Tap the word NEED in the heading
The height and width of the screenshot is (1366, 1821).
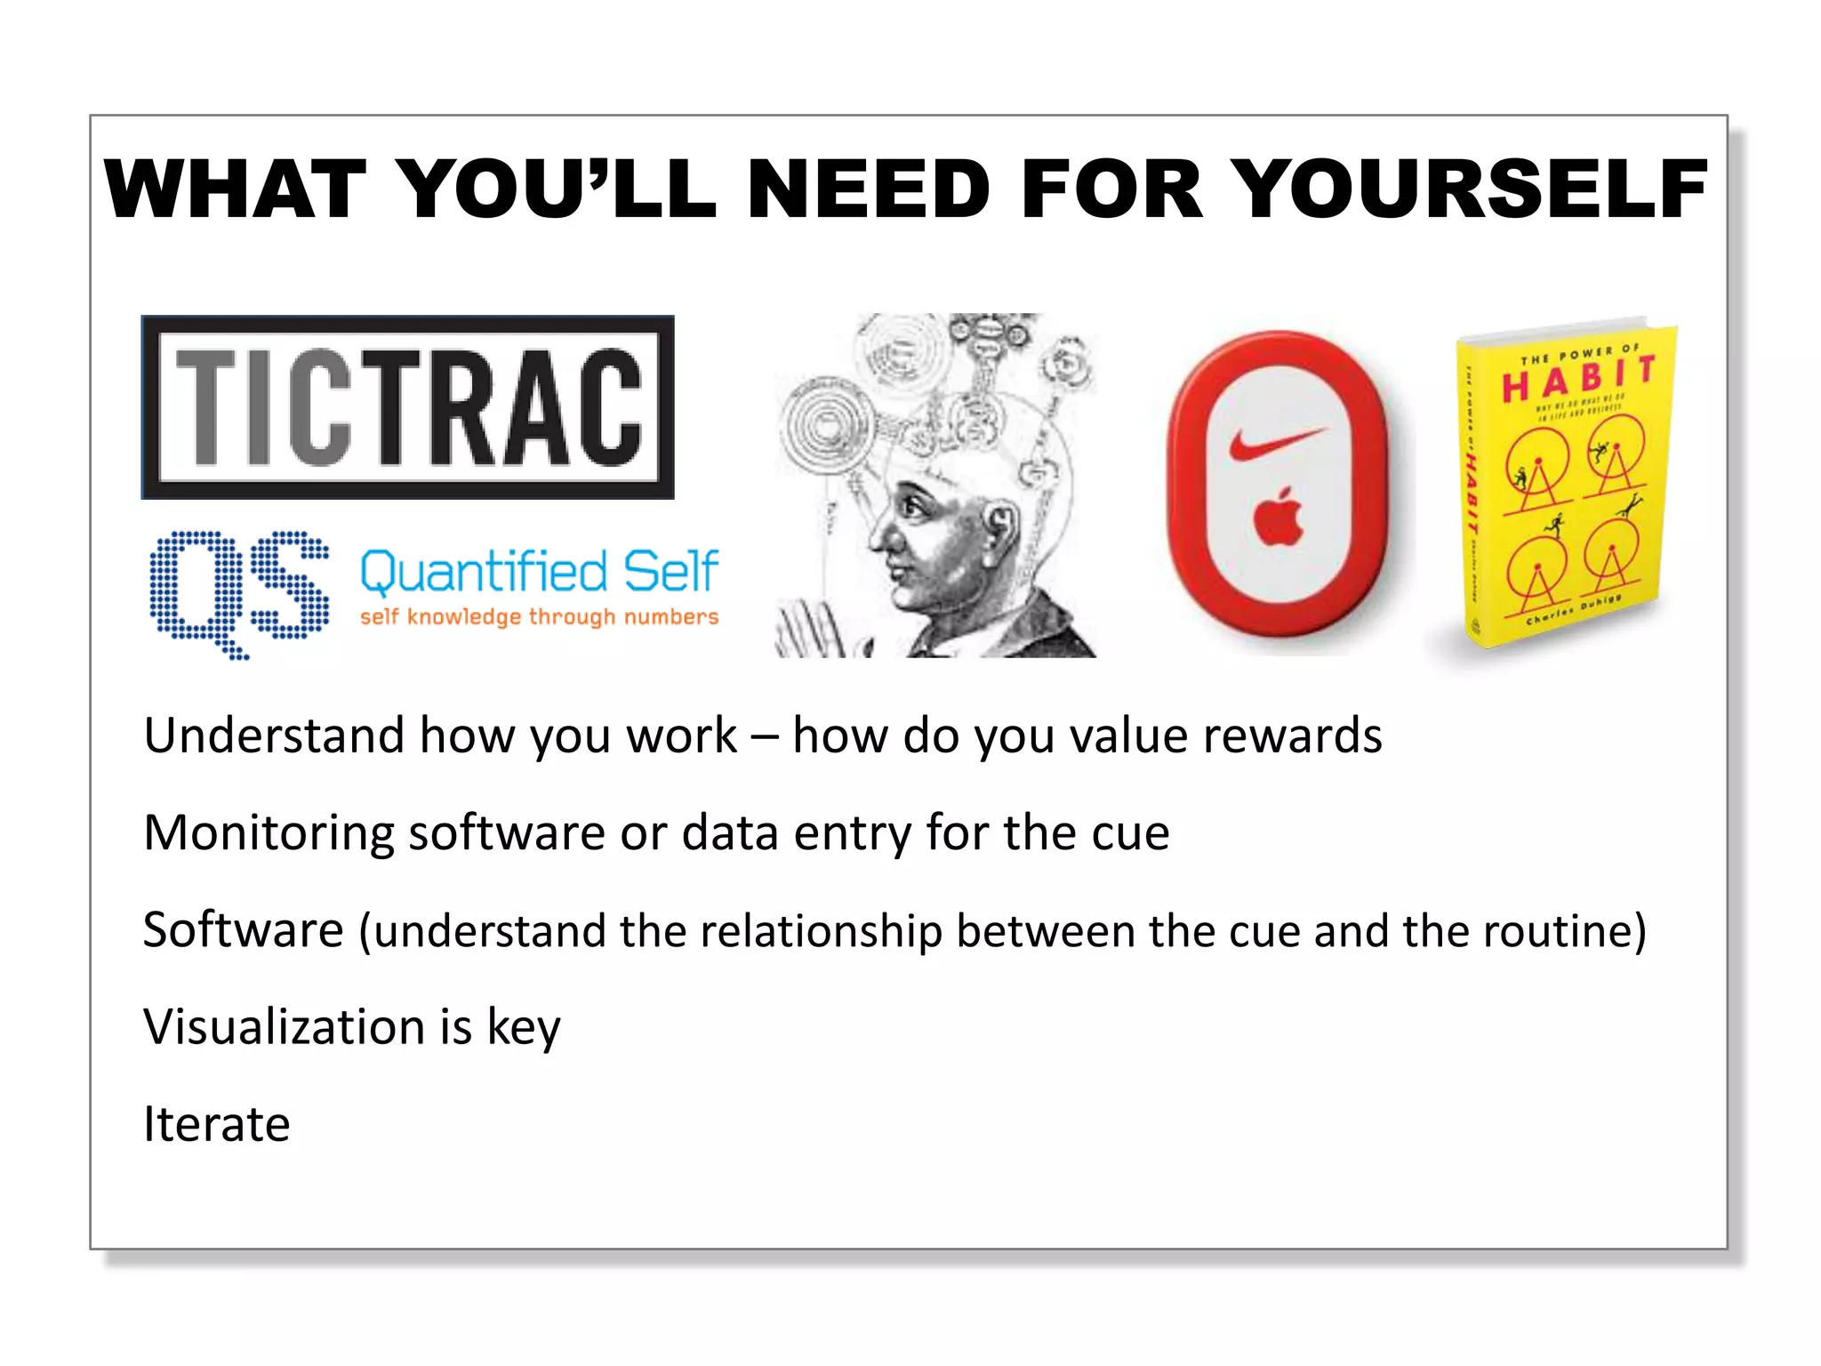pyautogui.click(x=868, y=189)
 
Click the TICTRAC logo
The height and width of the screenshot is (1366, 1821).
pyautogui.click(x=408, y=407)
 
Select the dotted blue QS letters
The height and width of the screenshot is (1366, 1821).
pyautogui.click(x=238, y=591)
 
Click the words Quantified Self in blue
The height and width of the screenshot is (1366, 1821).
pyautogui.click(x=539, y=571)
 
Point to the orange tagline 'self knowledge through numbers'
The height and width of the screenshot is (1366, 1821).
pyautogui.click(x=539, y=616)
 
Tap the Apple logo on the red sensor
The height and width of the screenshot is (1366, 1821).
pyautogui.click(x=1279, y=516)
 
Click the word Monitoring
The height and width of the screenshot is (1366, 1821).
pyautogui.click(x=269, y=833)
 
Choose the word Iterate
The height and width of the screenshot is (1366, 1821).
pyautogui.click(x=217, y=1124)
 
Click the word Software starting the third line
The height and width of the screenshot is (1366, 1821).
pyautogui.click(x=243, y=930)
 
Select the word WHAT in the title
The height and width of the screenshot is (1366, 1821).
pyautogui.click(x=235, y=189)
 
